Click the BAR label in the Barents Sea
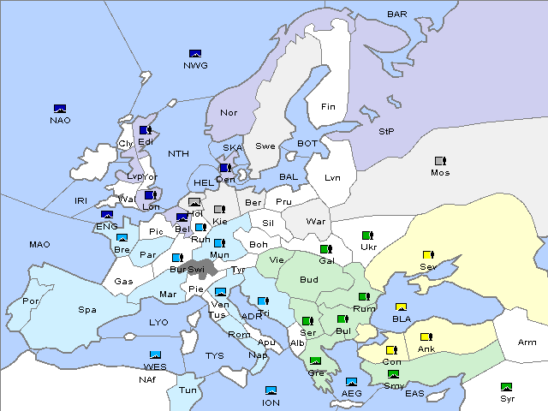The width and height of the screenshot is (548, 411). pos(397,14)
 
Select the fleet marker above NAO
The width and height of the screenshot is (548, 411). pos(60,109)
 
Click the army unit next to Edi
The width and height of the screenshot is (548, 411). pos(145,130)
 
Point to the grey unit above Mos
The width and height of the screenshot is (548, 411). pos(440,161)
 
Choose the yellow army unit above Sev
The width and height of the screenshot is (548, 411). pos(428,255)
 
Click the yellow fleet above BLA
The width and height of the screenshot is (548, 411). pos(401,307)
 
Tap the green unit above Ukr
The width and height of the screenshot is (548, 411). pos(367,235)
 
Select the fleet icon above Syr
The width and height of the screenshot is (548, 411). pos(507,387)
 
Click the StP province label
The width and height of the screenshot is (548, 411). pos(386,132)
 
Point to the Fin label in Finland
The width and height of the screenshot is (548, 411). pos(328,107)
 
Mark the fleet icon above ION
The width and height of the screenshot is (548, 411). pos(271,391)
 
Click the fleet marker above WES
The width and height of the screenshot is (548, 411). pos(155,355)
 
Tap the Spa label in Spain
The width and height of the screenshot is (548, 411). pos(86,310)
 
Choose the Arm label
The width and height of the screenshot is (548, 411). pos(527,342)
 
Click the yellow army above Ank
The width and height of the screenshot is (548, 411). pos(426,337)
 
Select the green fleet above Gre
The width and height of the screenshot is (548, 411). pos(315,361)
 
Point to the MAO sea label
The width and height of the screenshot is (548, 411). pos(39,245)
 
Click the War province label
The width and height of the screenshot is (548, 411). pos(316,222)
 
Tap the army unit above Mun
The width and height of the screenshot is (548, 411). pos(219,244)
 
